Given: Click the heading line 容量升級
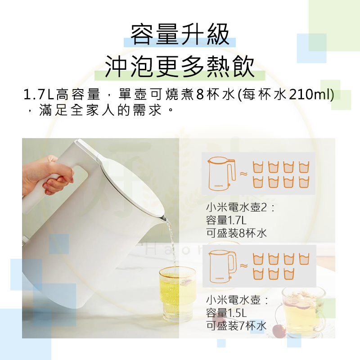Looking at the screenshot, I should click(x=180, y=35).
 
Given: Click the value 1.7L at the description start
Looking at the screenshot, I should click(x=39, y=95).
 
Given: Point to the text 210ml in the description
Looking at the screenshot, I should click(x=311, y=95).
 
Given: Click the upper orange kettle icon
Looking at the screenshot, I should click(x=221, y=173).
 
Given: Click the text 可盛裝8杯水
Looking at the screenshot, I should click(x=236, y=233).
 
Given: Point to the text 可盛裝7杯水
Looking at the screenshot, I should click(x=236, y=326).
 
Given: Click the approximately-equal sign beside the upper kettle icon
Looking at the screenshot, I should click(x=243, y=173).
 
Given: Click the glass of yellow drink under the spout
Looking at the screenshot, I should click(x=177, y=292).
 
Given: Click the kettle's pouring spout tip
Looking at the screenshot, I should click(x=164, y=219).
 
